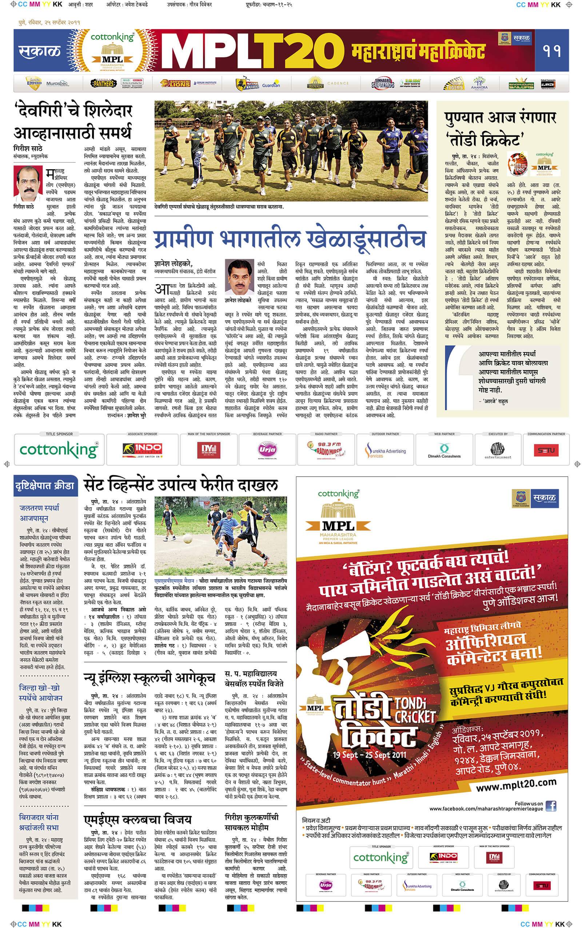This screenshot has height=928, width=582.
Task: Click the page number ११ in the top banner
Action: click(551, 51)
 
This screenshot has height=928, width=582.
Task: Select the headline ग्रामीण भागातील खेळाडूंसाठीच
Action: click(290, 239)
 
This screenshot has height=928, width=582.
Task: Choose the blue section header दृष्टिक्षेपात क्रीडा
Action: click(45, 485)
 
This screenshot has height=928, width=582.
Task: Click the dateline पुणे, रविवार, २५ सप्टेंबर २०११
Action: click(49, 22)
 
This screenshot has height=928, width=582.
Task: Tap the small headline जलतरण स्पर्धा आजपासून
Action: click(39, 513)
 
